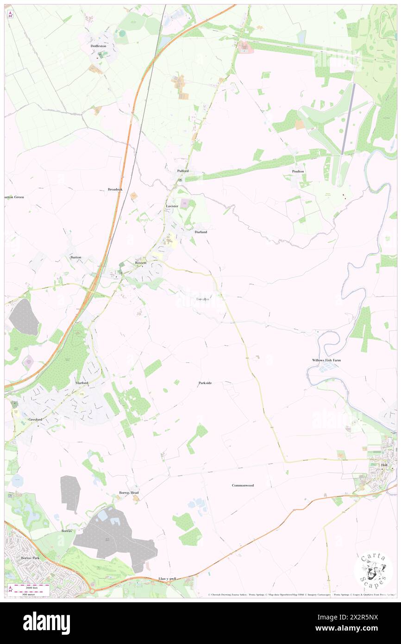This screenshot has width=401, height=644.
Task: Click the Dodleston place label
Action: (x=99, y=46)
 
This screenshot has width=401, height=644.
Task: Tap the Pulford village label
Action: (x=183, y=171)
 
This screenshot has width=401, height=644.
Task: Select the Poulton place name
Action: (x=298, y=171)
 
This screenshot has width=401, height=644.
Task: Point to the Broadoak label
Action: (x=115, y=189)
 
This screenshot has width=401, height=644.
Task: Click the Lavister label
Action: (x=172, y=206)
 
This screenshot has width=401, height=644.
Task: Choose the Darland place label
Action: (x=200, y=232)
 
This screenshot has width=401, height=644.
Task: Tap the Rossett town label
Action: (x=141, y=263)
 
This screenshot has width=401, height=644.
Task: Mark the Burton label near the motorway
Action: (x=75, y=257)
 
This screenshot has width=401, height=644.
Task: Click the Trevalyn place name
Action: (x=202, y=299)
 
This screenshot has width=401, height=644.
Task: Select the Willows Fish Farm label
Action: (x=326, y=360)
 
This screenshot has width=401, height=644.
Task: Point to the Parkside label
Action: (x=205, y=383)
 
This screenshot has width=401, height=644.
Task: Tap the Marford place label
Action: (x=81, y=384)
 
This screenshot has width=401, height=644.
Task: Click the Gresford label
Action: (x=35, y=419)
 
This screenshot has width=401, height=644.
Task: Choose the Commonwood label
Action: (x=243, y=485)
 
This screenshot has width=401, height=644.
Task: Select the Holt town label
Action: (x=384, y=465)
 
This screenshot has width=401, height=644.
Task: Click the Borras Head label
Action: (x=128, y=493)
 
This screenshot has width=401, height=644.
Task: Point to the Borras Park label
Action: (x=31, y=558)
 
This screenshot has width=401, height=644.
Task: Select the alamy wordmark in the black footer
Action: (x=46, y=622)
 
